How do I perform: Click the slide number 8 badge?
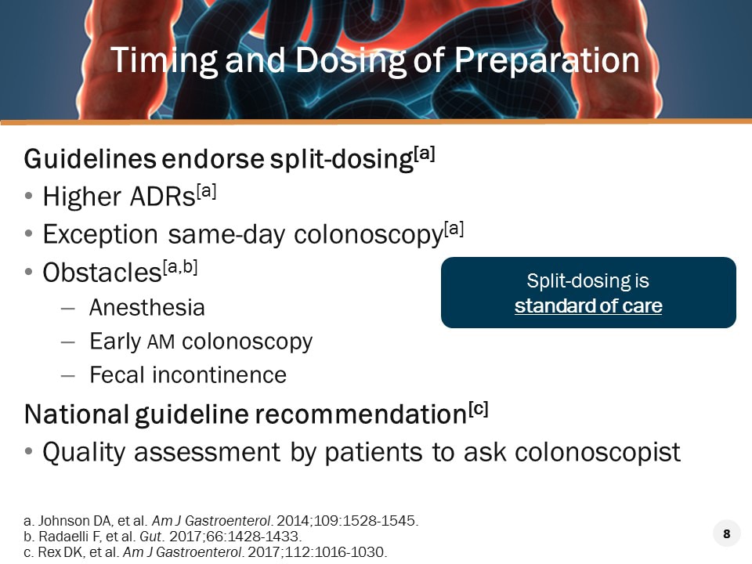click(x=726, y=534)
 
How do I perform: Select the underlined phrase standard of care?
click(x=588, y=305)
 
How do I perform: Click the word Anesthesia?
click(x=147, y=308)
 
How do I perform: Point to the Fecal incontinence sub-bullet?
click(x=188, y=375)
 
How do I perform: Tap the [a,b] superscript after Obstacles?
click(x=179, y=267)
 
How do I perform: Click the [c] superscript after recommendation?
click(x=478, y=408)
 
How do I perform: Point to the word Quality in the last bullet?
click(x=85, y=452)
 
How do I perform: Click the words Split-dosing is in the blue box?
click(x=588, y=280)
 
